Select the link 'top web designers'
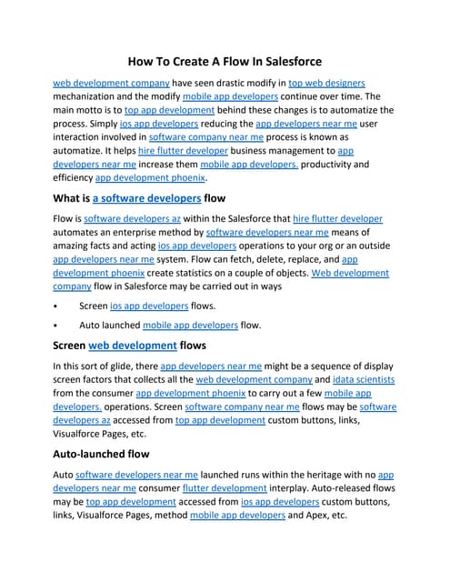pos(328,82)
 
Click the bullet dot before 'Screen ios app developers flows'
pos(56,306)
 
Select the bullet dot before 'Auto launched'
pos(56,325)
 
